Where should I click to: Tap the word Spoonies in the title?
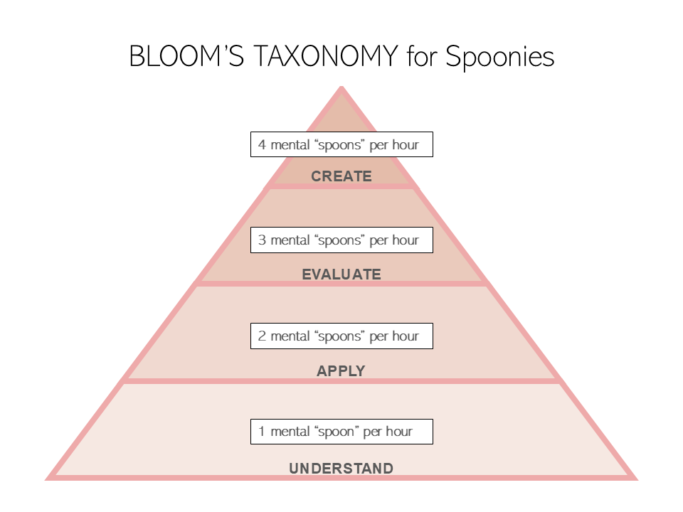(499, 56)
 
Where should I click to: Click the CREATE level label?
(341, 176)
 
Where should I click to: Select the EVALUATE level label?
(341, 274)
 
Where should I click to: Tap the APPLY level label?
(341, 371)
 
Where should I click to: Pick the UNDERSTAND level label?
(341, 469)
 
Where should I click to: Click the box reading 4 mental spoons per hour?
(341, 145)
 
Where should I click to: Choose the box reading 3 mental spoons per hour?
(341, 240)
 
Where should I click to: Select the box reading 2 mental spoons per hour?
(341, 336)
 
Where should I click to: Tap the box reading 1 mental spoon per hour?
(341, 432)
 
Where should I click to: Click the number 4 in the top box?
(263, 145)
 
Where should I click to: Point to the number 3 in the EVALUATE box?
(263, 240)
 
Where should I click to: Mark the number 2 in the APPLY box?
(263, 336)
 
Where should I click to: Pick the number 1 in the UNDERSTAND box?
(262, 432)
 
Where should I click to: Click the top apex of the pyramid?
(341, 89)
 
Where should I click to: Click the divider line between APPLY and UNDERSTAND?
(341, 381)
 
